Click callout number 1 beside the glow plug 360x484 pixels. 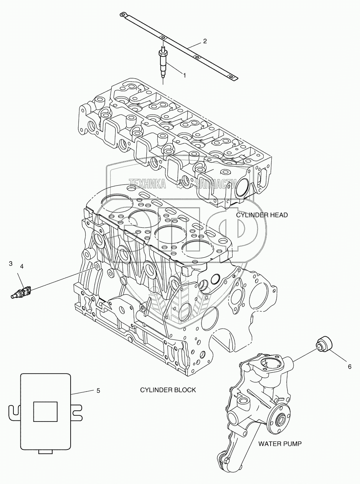click(x=184, y=76)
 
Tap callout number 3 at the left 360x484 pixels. click(x=11, y=263)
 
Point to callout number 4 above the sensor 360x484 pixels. click(x=21, y=266)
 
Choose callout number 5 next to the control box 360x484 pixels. click(x=98, y=390)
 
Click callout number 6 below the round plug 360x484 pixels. click(x=350, y=367)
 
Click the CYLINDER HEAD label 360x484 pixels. click(x=262, y=215)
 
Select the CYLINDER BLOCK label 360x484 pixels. click(x=168, y=390)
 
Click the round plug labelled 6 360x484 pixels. click(x=324, y=342)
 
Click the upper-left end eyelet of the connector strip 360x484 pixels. click(x=123, y=15)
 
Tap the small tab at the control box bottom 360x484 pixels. click(x=45, y=451)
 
